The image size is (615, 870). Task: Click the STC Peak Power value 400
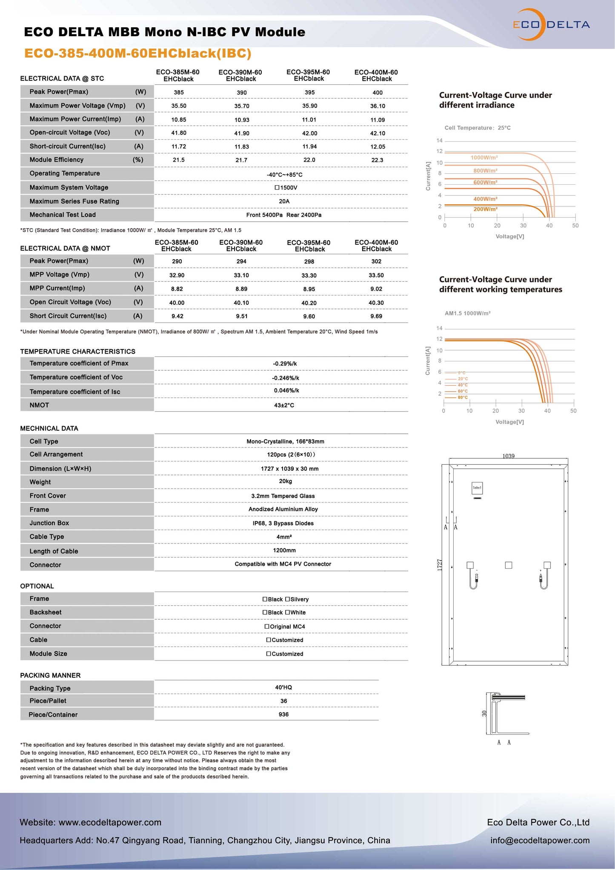pos(377,92)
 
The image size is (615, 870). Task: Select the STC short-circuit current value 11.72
pos(179,146)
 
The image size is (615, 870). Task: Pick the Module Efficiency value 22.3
pos(377,160)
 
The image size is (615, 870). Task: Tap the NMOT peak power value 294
pos(241,261)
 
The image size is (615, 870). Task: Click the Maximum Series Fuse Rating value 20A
pos(284,201)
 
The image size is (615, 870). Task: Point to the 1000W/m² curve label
pos(484,157)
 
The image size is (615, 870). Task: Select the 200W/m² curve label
pos(485,209)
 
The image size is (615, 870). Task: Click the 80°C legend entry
pos(463,398)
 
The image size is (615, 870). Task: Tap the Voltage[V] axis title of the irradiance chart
pos(509,236)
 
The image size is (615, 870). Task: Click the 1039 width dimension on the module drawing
pos(508,456)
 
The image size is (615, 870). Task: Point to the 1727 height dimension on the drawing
pos(440,564)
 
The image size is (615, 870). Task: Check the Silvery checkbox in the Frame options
pos(287,599)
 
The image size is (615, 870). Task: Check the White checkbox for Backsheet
pos(287,612)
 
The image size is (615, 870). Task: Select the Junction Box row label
pos(49,523)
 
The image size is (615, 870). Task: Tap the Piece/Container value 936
pos(283,715)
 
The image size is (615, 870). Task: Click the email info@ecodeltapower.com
pos(540,840)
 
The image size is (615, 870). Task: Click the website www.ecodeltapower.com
pos(110,822)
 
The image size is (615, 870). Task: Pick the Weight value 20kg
pos(285,481)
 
